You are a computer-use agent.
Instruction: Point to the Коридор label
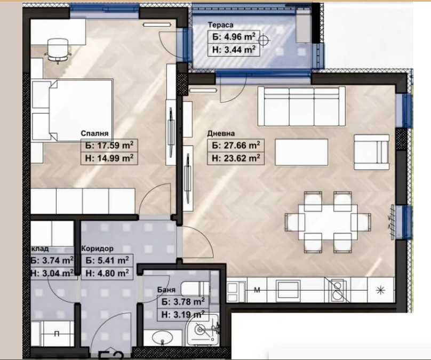click(97, 249)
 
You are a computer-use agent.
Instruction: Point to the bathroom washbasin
click(161, 338)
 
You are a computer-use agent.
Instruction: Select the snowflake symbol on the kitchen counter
click(380, 291)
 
